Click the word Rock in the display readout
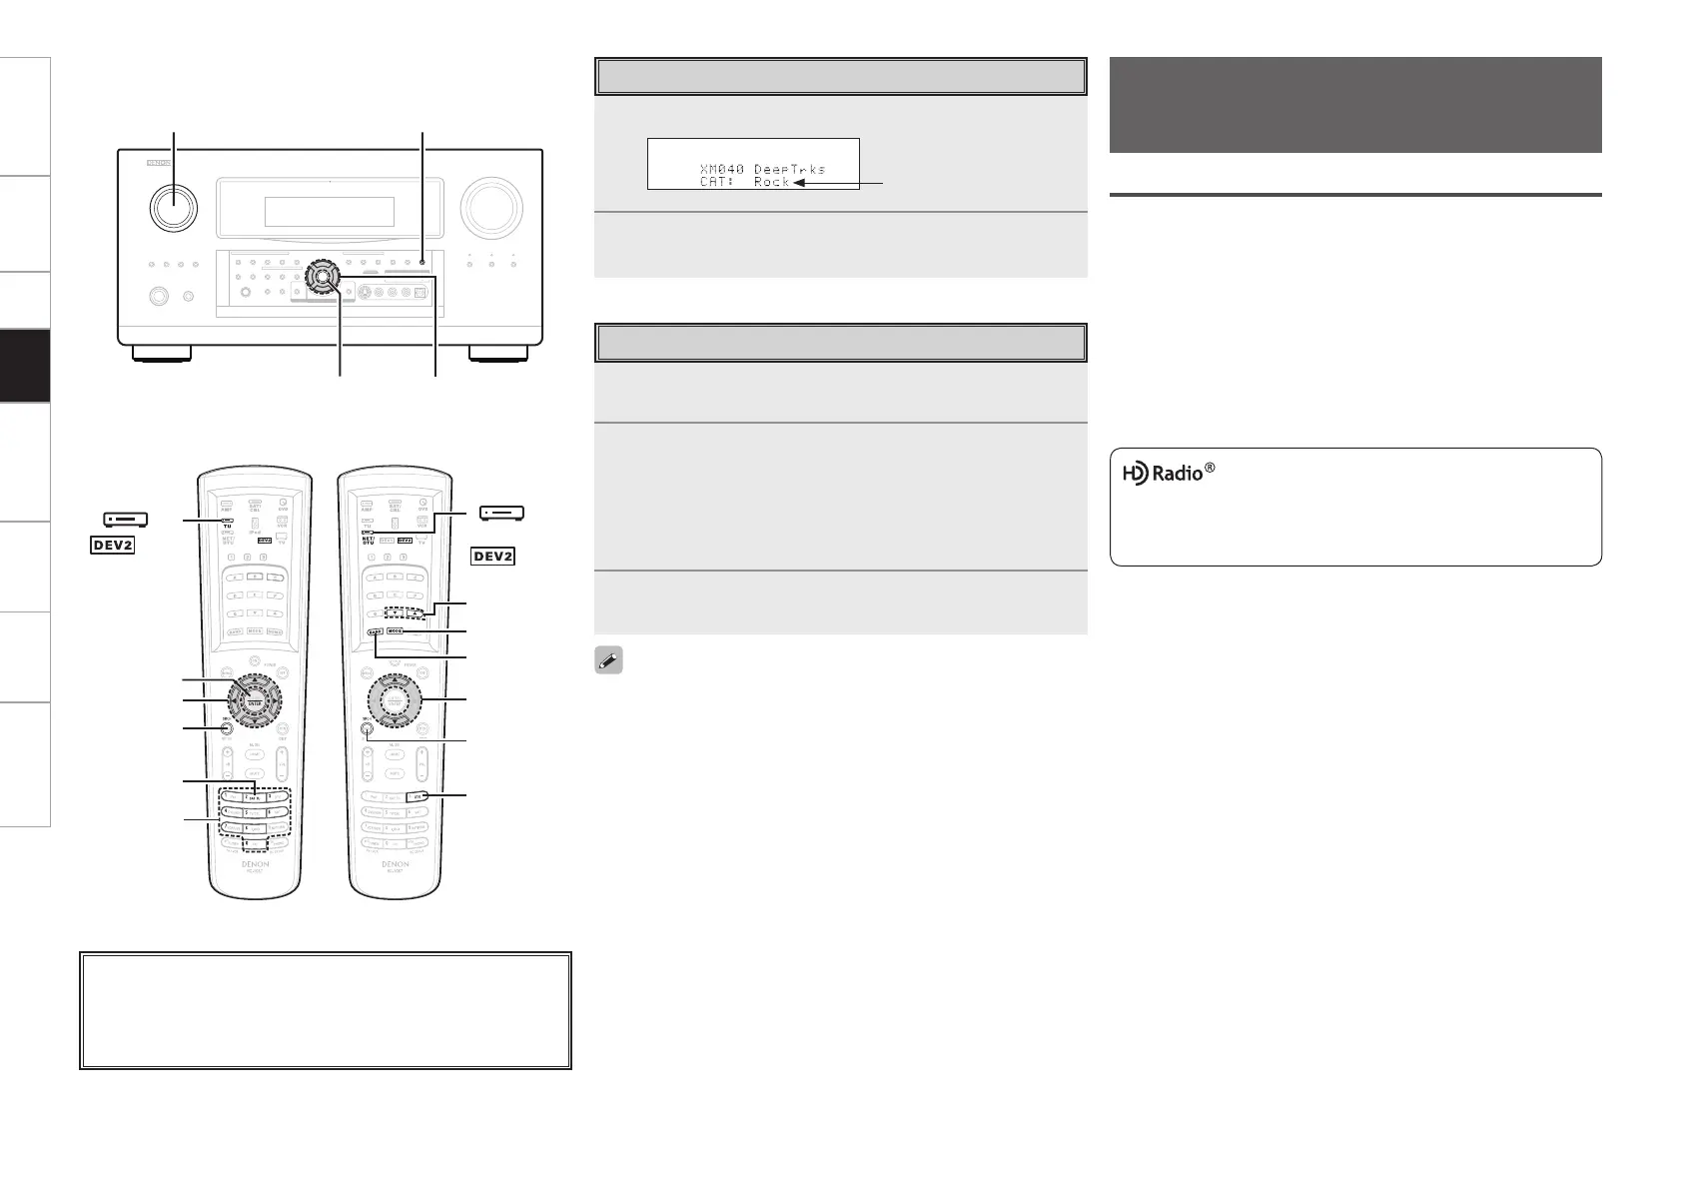pos(771,182)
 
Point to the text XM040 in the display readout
pos(722,169)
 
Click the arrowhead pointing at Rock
pos(800,183)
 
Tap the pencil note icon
pos(609,661)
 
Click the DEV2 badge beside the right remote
pos(493,556)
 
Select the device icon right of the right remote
pos(502,514)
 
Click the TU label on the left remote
pos(227,527)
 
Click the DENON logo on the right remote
pos(395,863)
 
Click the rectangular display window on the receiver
pos(329,212)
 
